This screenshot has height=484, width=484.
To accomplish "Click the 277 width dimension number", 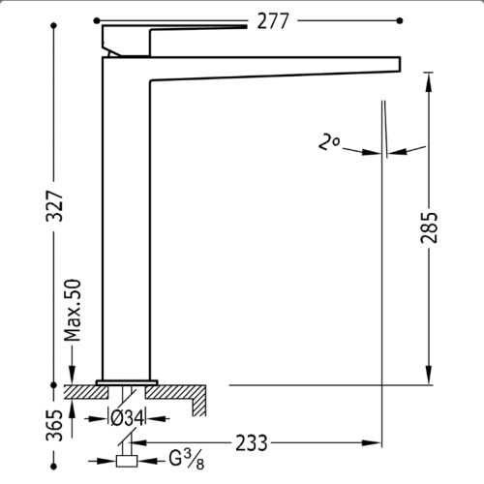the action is pos(273,21).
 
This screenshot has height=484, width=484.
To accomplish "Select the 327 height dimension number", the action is pos(54,206).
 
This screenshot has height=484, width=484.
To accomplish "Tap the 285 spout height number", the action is pos(430,227).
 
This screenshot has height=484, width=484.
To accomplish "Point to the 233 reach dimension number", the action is pos(252,443).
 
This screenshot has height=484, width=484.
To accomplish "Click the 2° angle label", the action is pos(328,142).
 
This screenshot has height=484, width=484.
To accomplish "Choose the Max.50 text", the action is pos(73,310).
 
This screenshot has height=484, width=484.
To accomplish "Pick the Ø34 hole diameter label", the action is pos(127,418).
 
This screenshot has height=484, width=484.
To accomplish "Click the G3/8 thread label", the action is pos(187,459).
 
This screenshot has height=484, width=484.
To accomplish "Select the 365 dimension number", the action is pos(54,425).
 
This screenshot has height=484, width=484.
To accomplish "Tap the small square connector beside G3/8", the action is pos(127,461).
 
